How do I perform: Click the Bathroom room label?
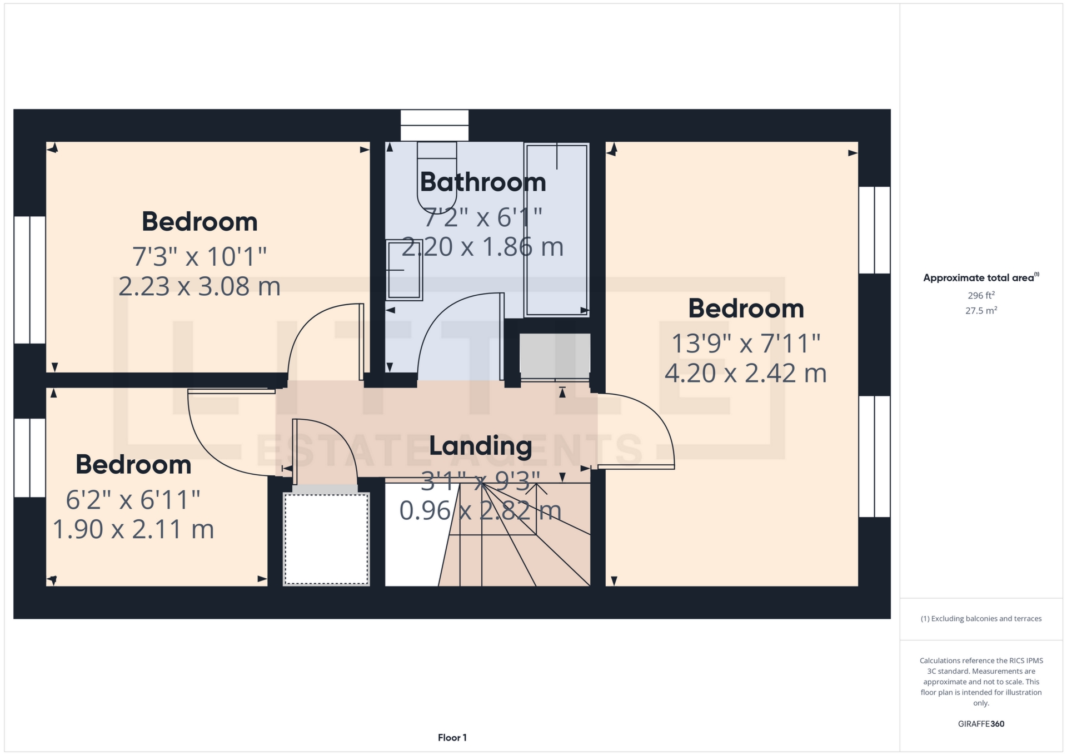483,182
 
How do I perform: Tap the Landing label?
481,446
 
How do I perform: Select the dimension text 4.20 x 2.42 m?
746,373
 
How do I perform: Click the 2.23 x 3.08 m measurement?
200,286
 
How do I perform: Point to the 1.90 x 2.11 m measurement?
133,529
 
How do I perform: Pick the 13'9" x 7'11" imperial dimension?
746,343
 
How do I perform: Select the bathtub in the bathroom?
556,230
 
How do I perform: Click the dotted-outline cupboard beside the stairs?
326,539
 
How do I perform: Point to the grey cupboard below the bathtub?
555,356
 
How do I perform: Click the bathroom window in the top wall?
435,125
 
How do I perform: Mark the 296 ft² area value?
981,295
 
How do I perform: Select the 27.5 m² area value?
981,310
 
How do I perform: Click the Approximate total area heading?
981,277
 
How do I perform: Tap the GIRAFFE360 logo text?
981,724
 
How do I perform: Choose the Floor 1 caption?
452,738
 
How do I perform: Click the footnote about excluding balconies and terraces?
981,619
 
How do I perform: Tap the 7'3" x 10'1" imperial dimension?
200,257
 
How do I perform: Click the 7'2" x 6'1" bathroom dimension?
483,217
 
